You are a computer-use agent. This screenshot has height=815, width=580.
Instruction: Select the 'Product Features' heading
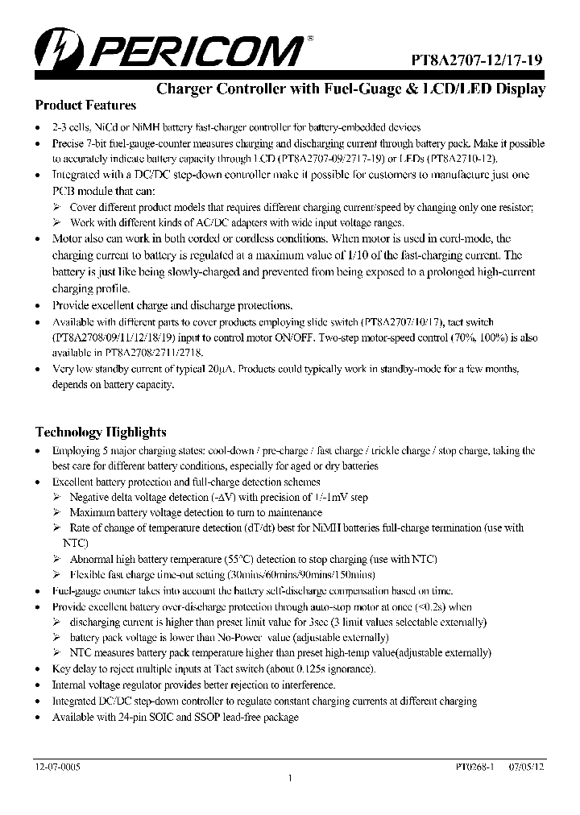pos(85,105)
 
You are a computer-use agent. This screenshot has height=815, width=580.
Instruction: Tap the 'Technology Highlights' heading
pos(101,432)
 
